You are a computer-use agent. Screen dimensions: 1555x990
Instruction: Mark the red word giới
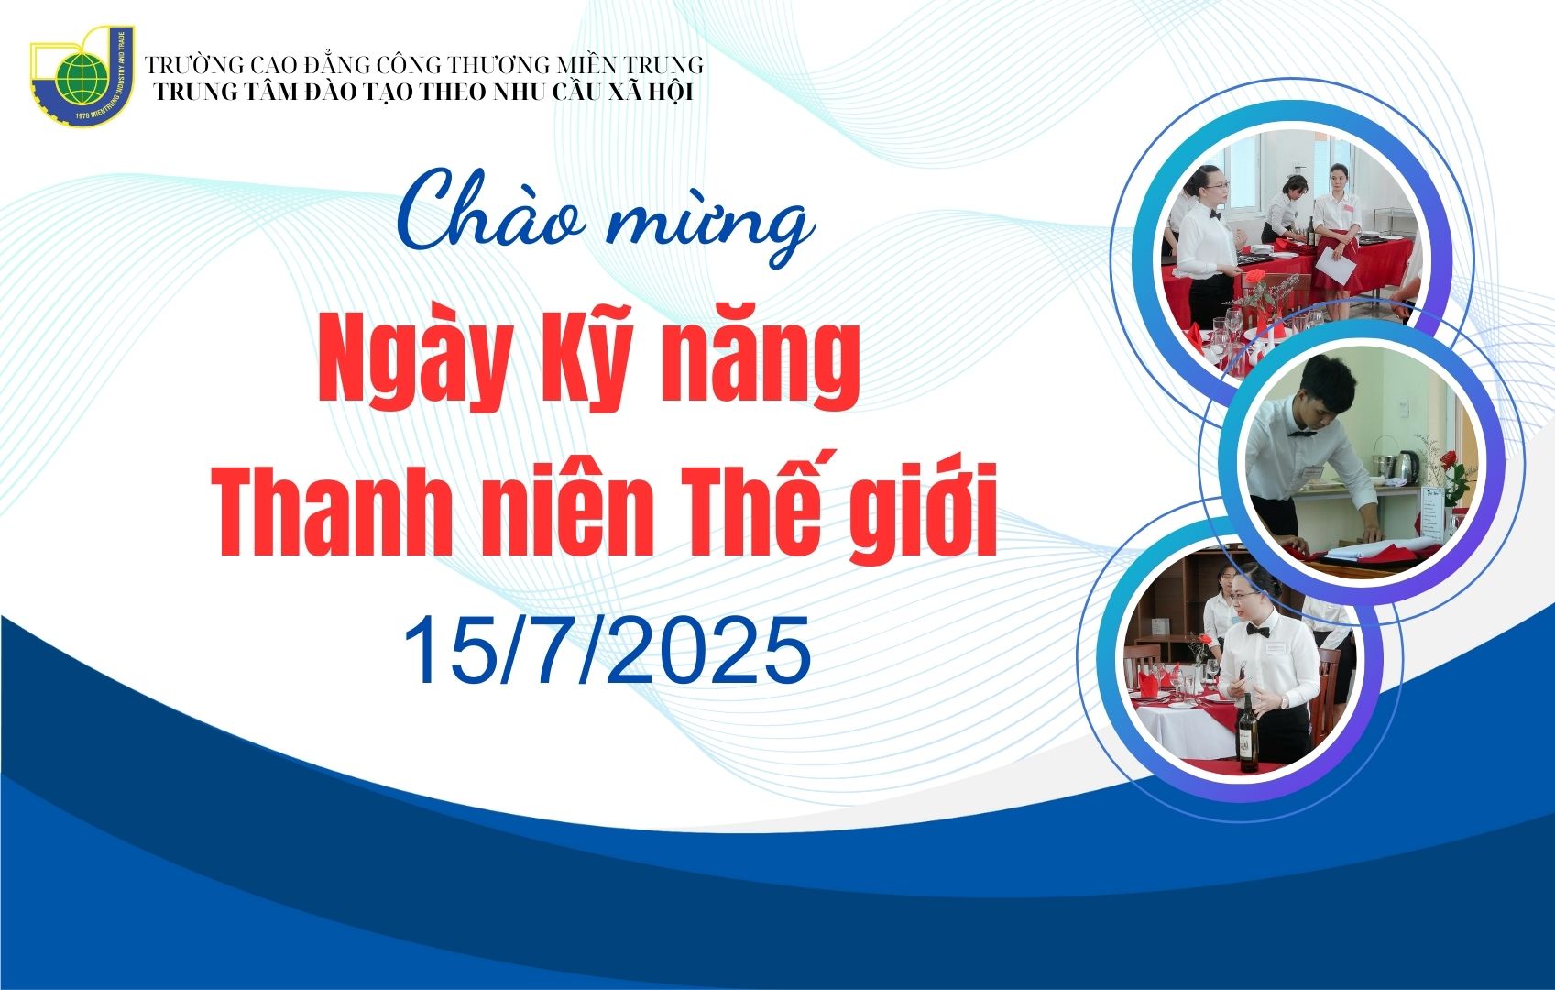[924, 510]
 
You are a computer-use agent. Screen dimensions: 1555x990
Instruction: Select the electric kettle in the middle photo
[1407, 467]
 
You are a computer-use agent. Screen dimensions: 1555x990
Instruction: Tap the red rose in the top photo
[1255, 277]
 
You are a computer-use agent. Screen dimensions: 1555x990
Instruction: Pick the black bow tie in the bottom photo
[1257, 631]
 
